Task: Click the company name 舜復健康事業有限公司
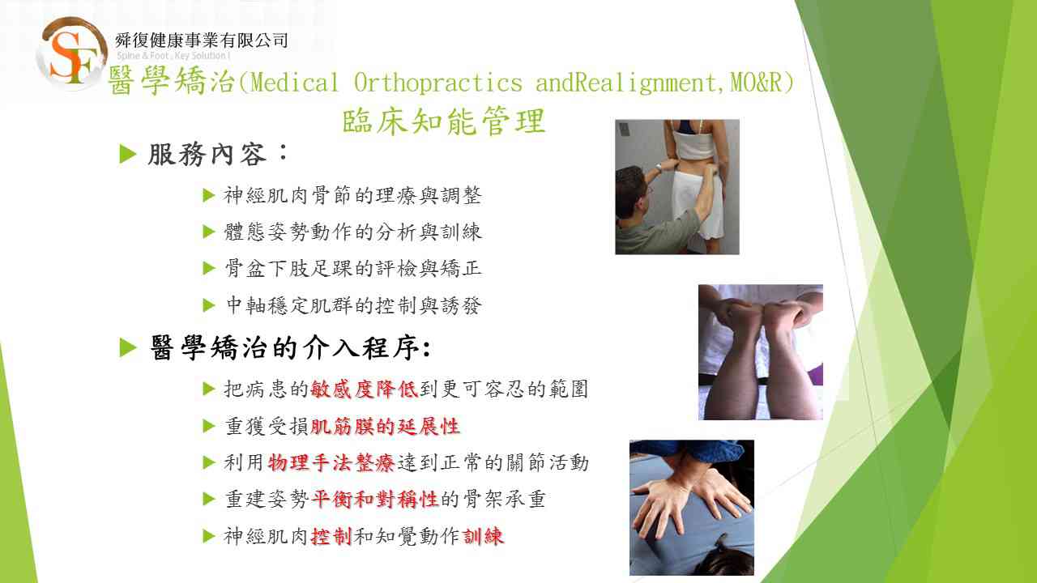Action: click(202, 40)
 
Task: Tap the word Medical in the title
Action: click(295, 83)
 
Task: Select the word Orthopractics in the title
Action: click(438, 83)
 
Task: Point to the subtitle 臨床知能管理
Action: click(444, 121)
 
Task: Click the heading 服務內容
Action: click(207, 154)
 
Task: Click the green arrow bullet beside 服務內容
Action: click(128, 154)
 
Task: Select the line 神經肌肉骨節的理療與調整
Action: click(352, 195)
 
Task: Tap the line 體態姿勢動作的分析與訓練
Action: click(352, 232)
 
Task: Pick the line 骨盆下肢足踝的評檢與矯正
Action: click(352, 268)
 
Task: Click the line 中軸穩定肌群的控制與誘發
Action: click(354, 305)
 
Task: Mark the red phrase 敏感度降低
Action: click(365, 389)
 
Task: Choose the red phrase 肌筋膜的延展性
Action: click(385, 426)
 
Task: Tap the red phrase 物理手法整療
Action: click(331, 462)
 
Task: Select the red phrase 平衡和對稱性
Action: click(375, 500)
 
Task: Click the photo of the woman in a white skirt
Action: click(676, 187)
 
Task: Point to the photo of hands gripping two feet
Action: click(761, 352)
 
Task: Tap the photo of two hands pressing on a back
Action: click(692, 508)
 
